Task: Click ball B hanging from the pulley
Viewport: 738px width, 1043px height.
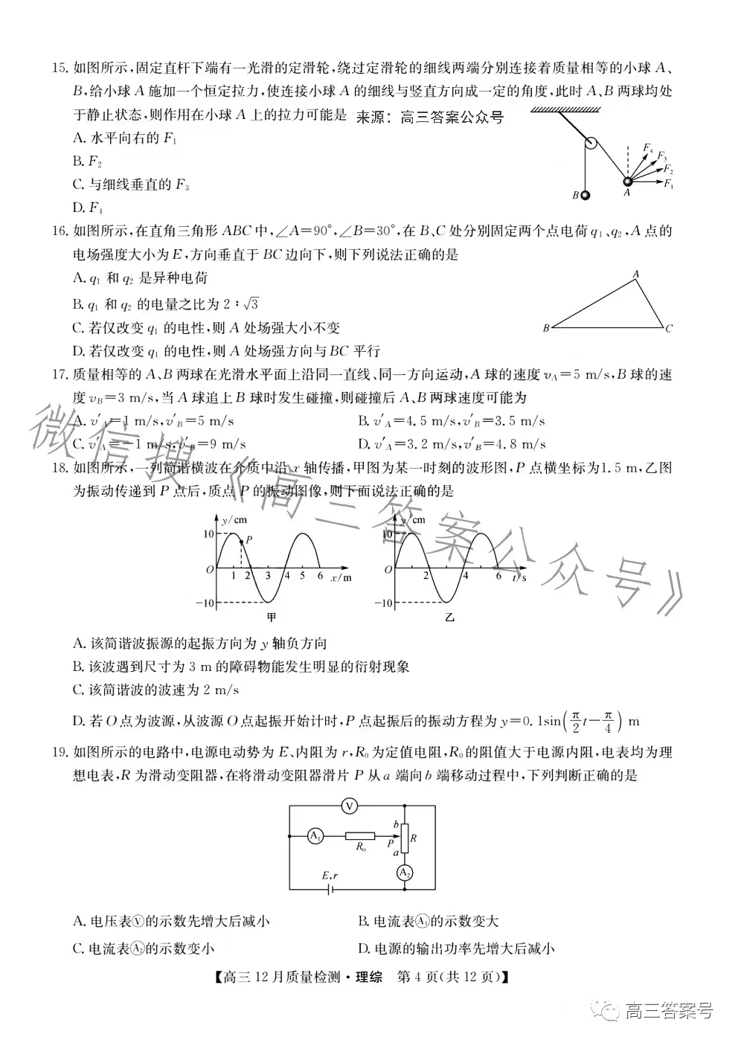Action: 585,196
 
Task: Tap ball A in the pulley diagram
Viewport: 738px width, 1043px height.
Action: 627,182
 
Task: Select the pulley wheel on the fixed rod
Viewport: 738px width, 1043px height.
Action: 591,144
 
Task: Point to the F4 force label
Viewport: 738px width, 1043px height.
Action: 648,148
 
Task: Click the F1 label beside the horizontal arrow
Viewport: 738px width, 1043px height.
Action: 668,184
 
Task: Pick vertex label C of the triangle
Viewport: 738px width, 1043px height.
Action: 670,328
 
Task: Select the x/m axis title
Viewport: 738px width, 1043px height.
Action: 341,577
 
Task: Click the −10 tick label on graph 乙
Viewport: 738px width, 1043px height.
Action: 382,603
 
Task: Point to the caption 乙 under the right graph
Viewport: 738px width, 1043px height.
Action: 449,617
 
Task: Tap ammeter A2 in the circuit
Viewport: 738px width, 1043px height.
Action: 404,873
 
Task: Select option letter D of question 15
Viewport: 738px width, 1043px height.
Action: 77,207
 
